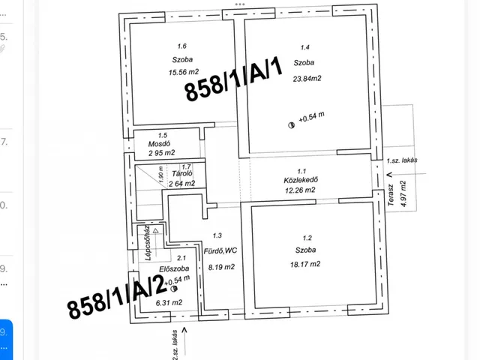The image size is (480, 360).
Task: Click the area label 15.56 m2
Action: (184, 72)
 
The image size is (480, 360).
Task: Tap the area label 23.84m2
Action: (307, 79)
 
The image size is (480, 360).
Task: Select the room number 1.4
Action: (305, 47)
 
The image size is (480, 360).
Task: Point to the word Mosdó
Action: (159, 143)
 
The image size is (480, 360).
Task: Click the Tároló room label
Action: (182, 174)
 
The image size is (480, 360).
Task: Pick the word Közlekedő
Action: (301, 180)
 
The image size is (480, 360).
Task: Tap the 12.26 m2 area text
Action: (300, 190)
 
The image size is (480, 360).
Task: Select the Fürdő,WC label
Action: (220, 251)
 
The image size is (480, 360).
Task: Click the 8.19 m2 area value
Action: (221, 267)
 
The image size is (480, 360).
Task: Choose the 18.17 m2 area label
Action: (305, 264)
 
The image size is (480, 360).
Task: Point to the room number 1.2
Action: (307, 238)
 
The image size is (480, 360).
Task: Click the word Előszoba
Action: (174, 268)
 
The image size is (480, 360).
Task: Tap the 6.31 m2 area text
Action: (169, 303)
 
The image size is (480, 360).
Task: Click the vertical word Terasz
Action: (390, 195)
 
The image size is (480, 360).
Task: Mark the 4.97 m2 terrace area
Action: (403, 193)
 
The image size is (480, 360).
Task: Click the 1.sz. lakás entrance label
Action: (402, 160)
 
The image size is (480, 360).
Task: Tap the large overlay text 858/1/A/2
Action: (117, 297)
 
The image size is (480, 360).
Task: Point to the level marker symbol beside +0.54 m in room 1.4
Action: (292, 125)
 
